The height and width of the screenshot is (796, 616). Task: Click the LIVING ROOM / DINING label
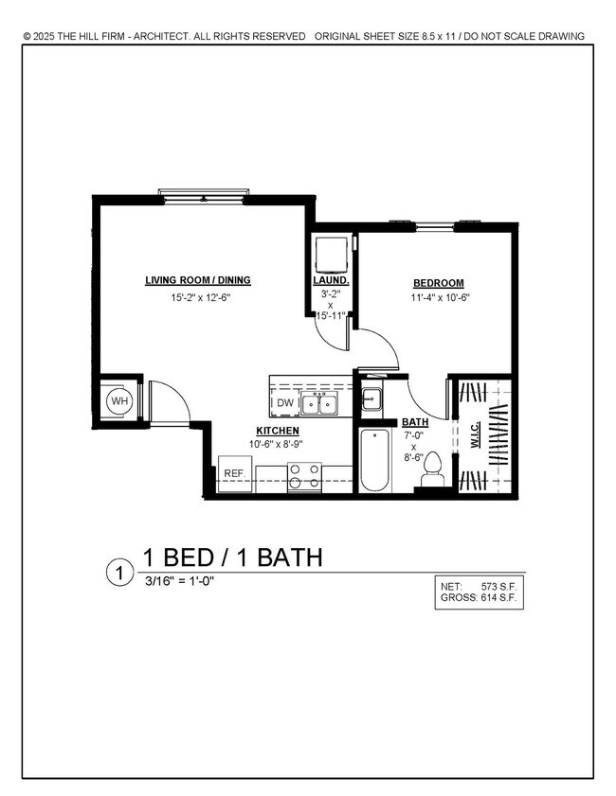point(197,280)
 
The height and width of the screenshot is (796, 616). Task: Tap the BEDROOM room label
point(438,284)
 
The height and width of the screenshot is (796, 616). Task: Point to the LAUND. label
point(331,281)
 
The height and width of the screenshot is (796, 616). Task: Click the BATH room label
point(414,422)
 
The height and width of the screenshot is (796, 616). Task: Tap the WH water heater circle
point(119,401)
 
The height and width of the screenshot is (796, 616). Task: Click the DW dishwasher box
point(285,404)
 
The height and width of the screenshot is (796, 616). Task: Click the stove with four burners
point(305,476)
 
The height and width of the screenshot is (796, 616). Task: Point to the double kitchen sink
point(321,404)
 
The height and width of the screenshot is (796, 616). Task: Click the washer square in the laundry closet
point(331,254)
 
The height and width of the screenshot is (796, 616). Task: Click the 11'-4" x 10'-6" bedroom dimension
point(439,298)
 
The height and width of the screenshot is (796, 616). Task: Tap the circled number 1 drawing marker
point(119,573)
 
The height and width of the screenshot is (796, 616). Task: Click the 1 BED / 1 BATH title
point(232,557)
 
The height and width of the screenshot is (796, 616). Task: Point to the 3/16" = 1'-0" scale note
point(177,581)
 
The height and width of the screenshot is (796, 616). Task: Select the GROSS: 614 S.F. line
point(480,599)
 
